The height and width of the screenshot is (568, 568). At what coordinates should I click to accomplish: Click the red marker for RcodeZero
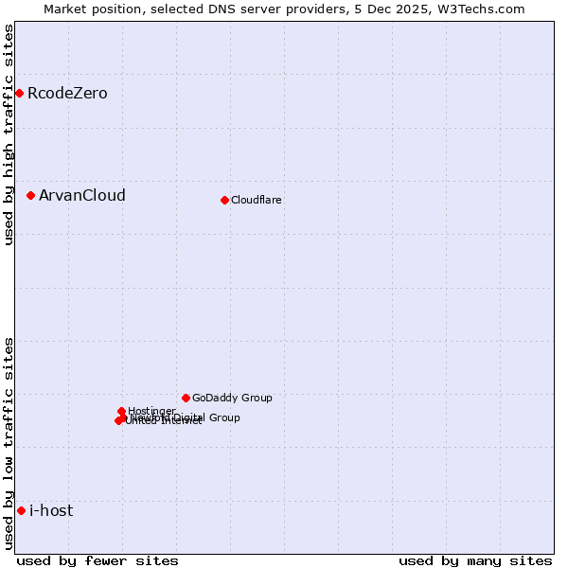(19, 93)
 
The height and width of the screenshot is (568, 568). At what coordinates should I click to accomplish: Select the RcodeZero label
(67, 93)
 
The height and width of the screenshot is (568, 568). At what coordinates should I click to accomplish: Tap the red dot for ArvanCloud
(30, 195)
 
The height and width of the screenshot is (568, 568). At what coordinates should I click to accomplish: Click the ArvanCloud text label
(81, 195)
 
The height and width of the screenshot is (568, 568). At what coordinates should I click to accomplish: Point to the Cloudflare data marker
(224, 200)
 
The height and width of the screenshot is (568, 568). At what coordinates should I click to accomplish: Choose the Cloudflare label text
(256, 200)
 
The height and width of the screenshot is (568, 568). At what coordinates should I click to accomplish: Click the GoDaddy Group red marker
(186, 398)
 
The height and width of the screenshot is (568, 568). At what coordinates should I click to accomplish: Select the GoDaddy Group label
(232, 398)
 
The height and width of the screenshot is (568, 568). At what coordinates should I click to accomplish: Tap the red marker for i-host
(21, 510)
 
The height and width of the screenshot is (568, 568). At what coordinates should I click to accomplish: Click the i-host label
(51, 510)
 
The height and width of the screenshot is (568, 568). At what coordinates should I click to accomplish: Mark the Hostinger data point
(122, 411)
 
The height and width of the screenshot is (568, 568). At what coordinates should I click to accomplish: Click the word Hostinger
(151, 411)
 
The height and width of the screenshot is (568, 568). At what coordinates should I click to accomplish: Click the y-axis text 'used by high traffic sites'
(9, 134)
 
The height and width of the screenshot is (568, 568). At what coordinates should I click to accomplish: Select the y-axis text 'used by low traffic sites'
(9, 443)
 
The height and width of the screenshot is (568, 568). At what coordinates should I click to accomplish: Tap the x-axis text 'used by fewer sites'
(98, 560)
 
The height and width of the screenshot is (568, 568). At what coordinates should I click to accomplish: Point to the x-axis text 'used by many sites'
(475, 560)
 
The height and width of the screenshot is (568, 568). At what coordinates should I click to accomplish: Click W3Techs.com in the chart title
(485, 9)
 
